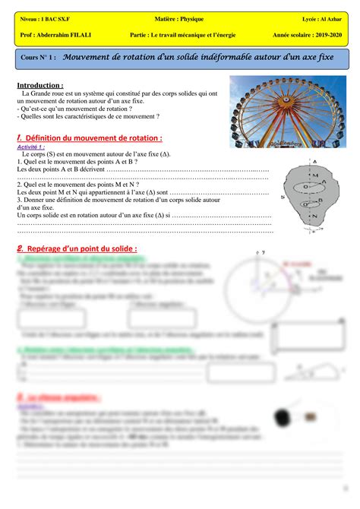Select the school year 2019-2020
[325, 34]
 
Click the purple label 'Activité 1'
[30, 147]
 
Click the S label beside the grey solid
[283, 195]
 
